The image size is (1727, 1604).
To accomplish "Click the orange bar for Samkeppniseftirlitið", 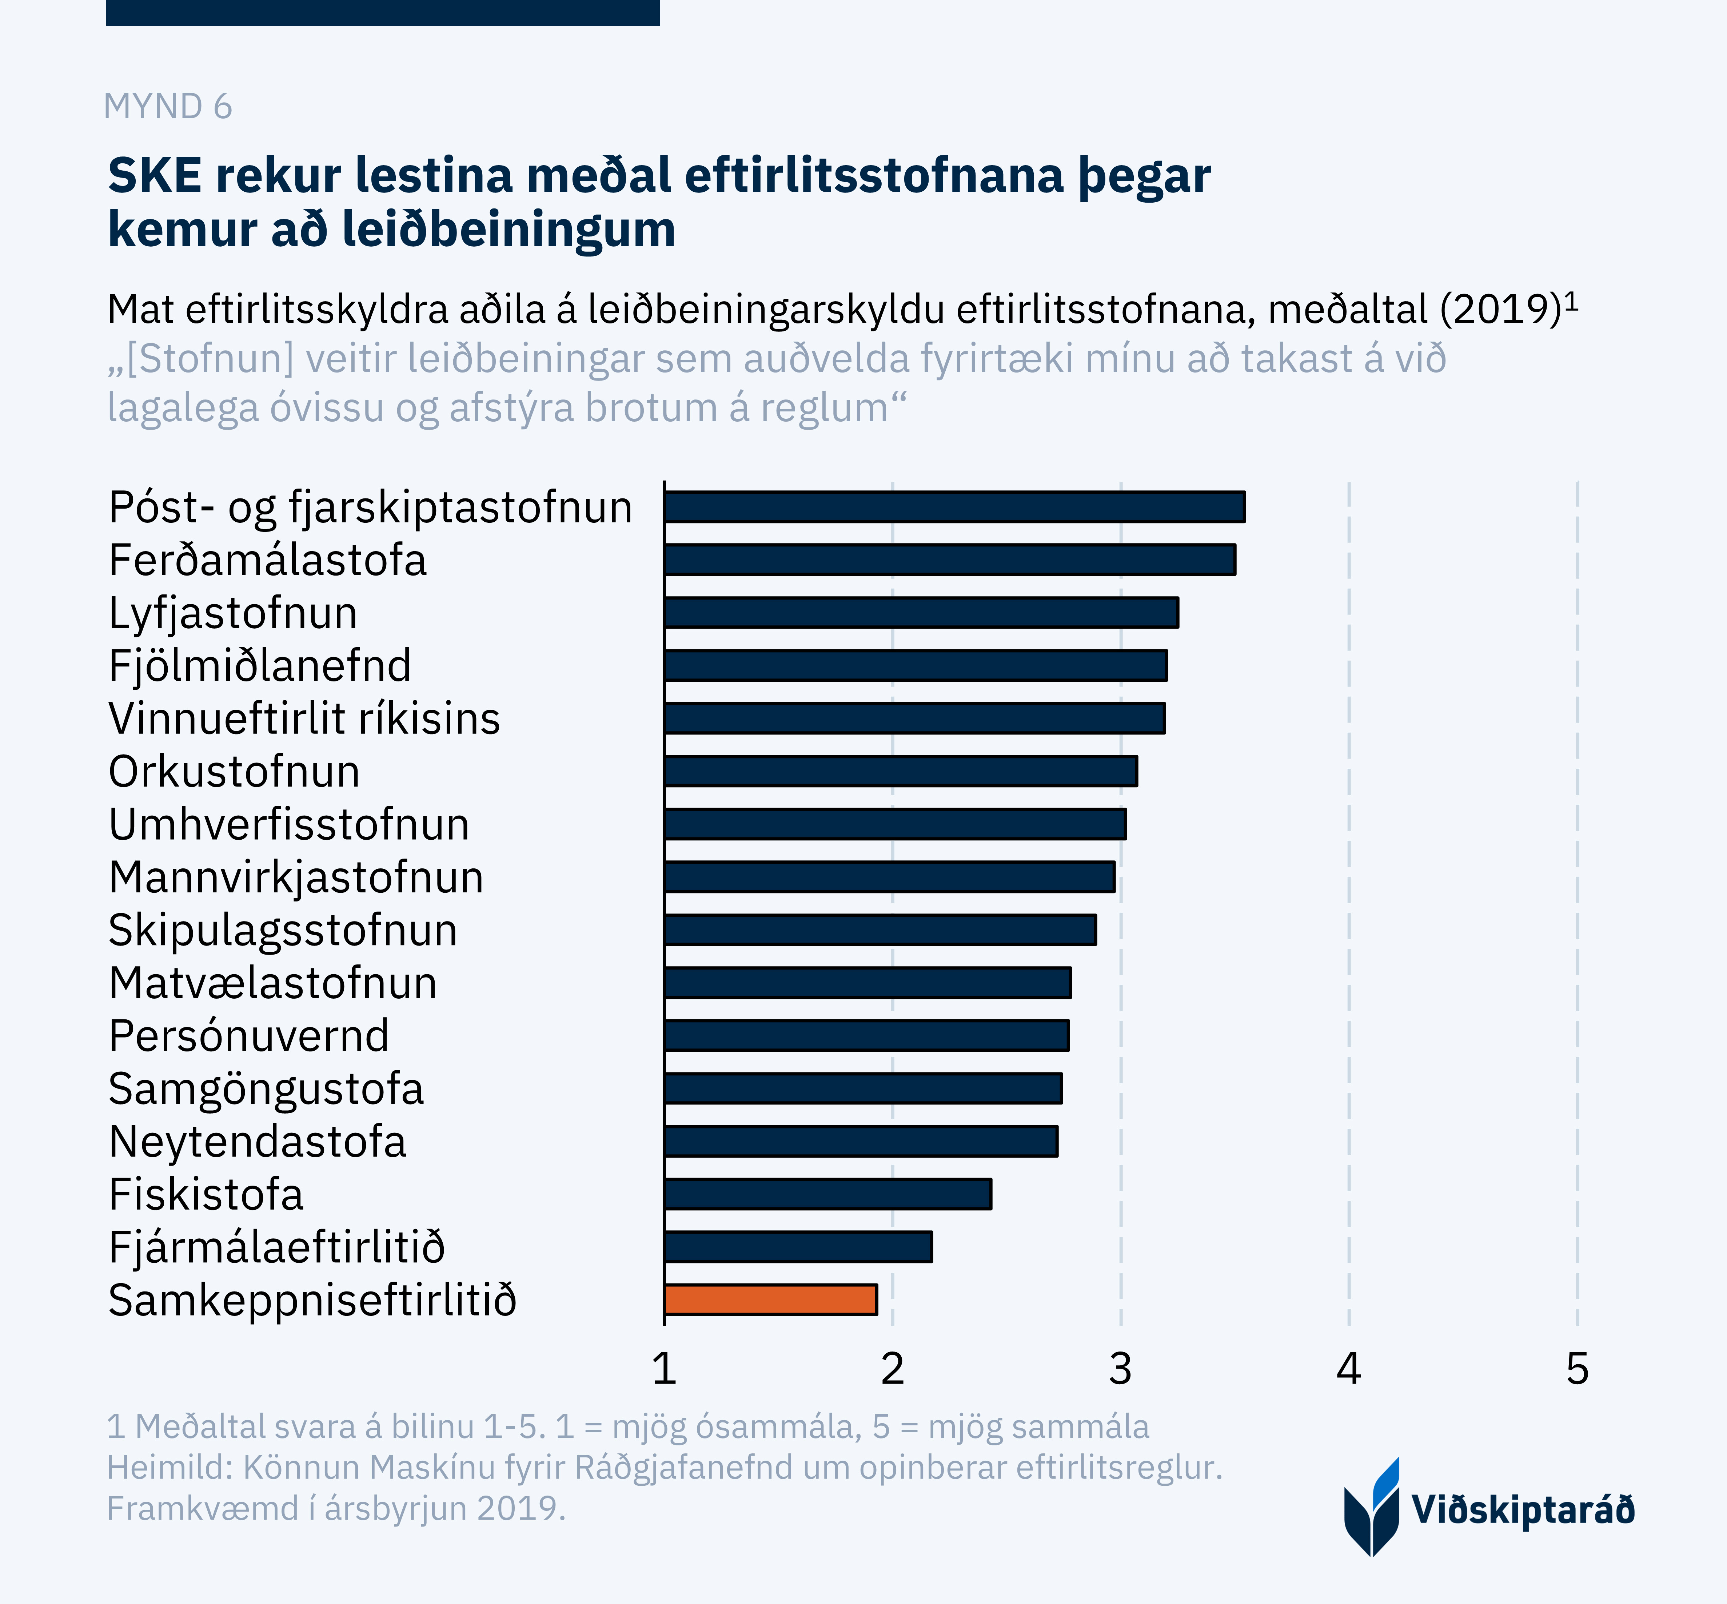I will coord(771,1299).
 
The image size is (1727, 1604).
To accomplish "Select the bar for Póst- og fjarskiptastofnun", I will coord(955,507).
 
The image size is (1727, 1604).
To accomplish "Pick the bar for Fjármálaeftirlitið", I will coord(798,1246).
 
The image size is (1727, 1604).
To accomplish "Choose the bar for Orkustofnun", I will coord(901,771).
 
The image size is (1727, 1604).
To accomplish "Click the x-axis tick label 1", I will coord(664,1370).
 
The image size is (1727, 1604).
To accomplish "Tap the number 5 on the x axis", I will coord(1577,1370).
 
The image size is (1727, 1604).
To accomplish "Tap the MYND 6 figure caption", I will coord(167,107).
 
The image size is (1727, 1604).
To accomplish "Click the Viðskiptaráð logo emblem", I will coord(1372,1508).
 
